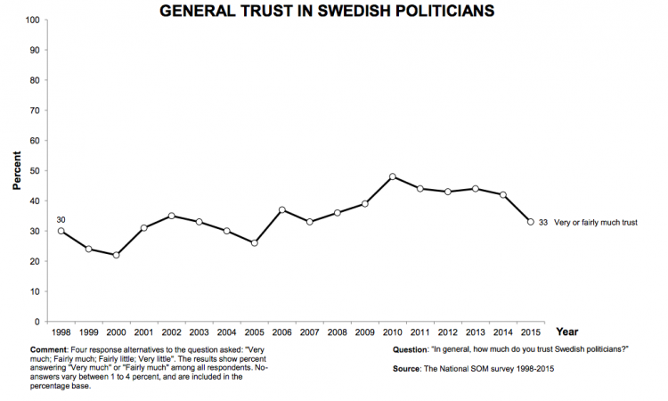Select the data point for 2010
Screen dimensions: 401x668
(392, 176)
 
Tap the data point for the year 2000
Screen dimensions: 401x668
(116, 255)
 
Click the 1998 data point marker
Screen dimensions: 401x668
(61, 231)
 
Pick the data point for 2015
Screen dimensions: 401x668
(530, 222)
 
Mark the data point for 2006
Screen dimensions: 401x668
(281, 209)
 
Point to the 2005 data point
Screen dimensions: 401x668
(254, 242)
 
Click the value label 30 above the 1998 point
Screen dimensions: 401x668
(61, 218)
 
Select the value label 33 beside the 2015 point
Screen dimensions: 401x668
(542, 222)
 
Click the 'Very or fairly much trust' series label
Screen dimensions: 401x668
(597, 222)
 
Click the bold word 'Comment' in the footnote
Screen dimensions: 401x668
(47, 349)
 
